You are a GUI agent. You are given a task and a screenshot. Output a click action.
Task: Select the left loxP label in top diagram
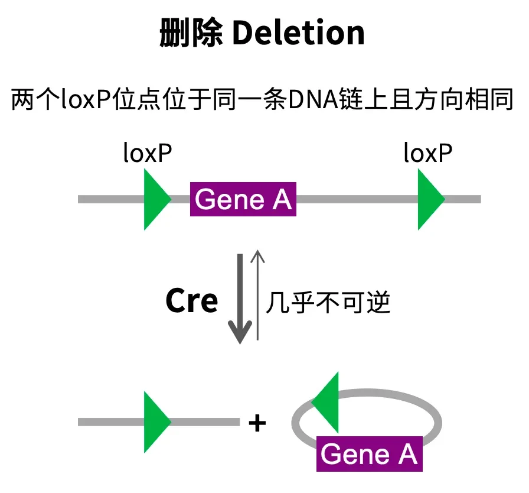(x=148, y=153)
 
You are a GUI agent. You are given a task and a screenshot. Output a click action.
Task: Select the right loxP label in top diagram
(x=428, y=153)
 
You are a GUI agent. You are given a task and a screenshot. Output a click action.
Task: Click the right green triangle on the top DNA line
(x=429, y=199)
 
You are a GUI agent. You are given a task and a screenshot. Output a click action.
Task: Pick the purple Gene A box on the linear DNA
(x=243, y=200)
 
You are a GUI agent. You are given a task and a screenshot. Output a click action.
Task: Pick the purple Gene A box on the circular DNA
(x=369, y=454)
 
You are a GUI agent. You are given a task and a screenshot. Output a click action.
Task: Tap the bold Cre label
(x=191, y=301)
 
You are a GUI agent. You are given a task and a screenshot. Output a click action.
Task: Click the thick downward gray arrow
(x=240, y=296)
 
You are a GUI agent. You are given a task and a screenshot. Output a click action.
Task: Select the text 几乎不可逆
(x=328, y=303)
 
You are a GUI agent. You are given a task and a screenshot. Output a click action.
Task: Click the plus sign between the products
(x=257, y=423)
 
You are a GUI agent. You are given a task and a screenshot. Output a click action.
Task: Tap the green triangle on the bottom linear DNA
(x=155, y=422)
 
